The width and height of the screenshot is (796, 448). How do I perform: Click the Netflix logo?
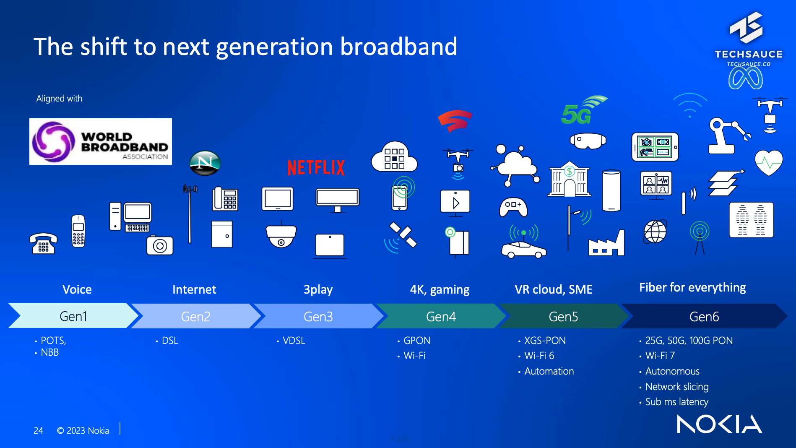316,168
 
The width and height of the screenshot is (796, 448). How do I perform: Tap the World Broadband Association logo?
101,141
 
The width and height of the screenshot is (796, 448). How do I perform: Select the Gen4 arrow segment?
440,316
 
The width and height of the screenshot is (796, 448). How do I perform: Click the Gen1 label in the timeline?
73,316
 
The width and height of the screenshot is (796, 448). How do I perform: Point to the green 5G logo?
583,110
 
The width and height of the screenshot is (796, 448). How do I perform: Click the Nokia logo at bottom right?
719,424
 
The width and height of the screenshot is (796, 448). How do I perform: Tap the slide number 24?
38,431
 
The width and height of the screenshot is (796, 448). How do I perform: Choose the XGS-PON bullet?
545,341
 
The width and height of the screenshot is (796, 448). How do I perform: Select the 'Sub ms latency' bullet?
676,402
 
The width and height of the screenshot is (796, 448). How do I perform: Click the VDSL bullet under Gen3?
294,341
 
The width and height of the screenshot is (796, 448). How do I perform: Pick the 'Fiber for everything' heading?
692,287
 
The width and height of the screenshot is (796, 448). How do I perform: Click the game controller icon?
513,207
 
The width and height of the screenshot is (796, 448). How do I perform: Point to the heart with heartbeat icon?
769,163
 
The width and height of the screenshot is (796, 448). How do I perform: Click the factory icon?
606,243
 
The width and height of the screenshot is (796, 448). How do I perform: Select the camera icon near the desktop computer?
160,245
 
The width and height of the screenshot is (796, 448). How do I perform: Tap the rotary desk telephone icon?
43,244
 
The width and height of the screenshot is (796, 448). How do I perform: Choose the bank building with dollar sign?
569,179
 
